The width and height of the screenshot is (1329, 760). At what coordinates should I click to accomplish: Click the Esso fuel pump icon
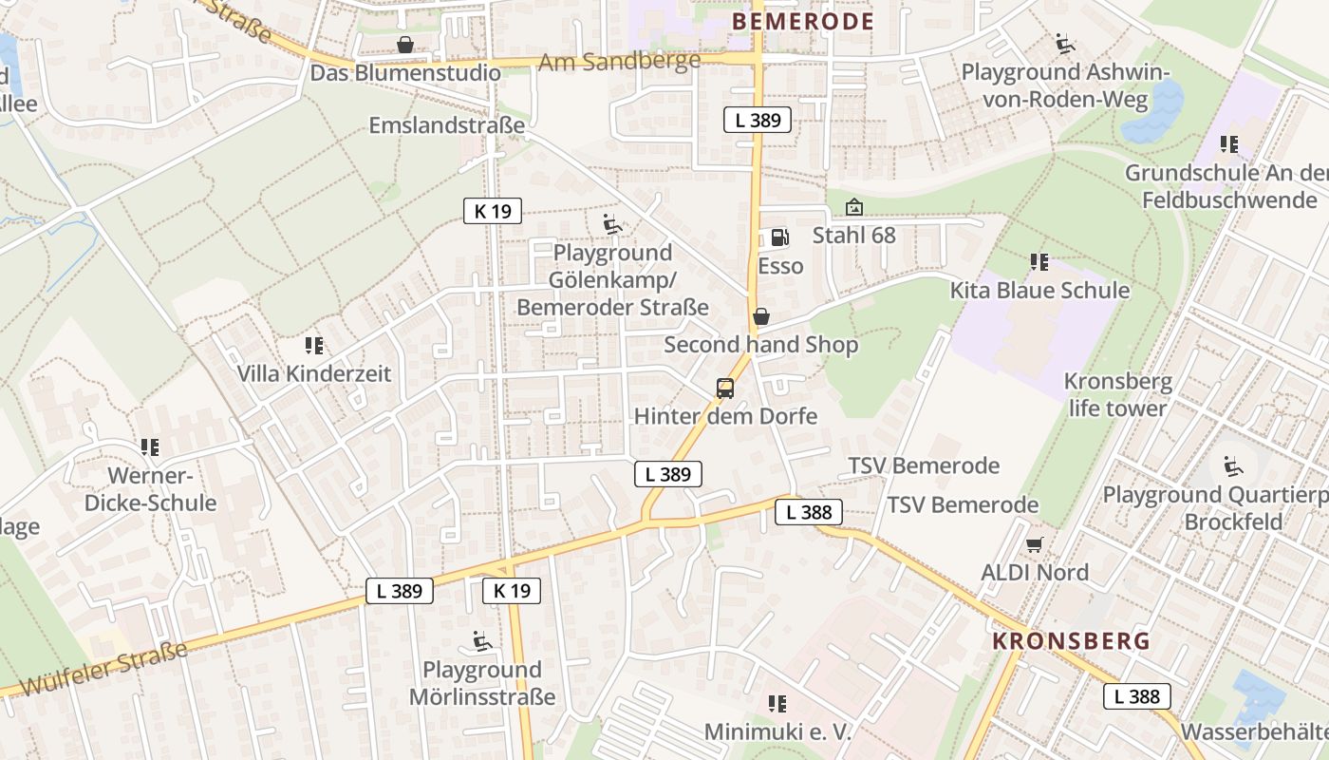tap(778, 237)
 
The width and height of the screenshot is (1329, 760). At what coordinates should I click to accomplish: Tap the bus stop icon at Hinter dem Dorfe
tap(725, 388)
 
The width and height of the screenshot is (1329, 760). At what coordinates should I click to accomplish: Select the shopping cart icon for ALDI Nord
tap(1035, 544)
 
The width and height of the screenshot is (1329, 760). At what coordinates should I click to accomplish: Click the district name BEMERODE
tap(804, 22)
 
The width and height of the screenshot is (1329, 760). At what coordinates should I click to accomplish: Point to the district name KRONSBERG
tap(1071, 641)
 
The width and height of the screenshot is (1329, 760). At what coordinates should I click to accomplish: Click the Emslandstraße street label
tap(446, 125)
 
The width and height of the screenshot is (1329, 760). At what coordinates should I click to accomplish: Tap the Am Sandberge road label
tap(619, 61)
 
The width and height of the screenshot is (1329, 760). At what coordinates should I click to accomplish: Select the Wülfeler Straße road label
tap(103, 669)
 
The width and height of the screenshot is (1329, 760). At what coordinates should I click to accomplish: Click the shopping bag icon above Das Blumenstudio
tap(405, 45)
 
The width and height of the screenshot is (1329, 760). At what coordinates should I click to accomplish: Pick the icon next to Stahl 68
tap(854, 207)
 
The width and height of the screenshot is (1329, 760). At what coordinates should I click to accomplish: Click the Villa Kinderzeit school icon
tap(314, 345)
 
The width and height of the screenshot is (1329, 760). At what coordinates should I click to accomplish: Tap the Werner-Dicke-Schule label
tap(150, 489)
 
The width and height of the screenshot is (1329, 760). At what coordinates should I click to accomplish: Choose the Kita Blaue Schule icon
tap(1039, 261)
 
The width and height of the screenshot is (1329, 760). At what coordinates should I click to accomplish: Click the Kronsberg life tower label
tap(1117, 395)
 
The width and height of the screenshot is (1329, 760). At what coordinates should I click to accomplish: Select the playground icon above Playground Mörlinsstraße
tap(482, 641)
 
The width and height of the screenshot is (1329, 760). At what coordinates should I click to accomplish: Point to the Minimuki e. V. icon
tap(777, 704)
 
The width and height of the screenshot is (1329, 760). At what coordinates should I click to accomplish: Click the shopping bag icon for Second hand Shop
tap(760, 316)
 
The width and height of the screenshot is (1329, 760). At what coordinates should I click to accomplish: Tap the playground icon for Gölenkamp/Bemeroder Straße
tap(612, 224)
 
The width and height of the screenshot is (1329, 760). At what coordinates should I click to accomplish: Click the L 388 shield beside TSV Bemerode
tap(809, 512)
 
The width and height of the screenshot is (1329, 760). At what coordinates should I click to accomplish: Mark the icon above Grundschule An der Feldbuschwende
tap(1229, 144)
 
